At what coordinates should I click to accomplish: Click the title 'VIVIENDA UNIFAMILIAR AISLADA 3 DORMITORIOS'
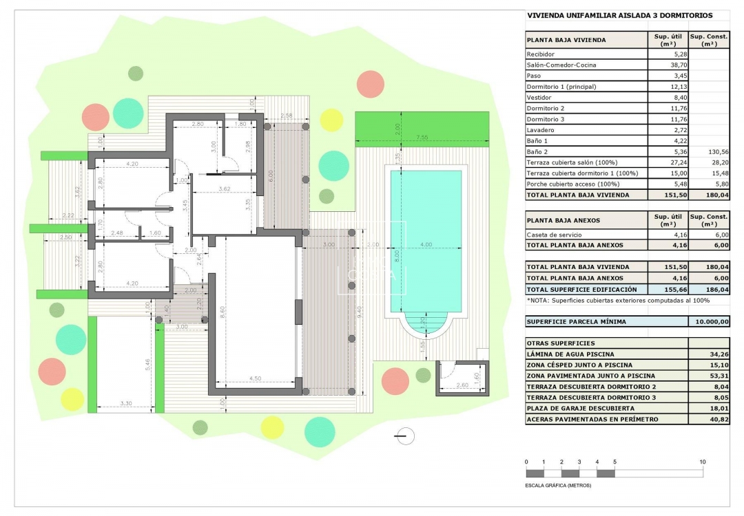point(620,15)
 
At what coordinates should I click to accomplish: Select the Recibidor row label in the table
point(541,54)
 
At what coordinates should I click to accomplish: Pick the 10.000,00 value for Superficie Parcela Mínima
point(712,321)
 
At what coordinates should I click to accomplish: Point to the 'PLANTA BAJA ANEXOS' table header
point(564,220)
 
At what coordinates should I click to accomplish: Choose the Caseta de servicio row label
point(554,235)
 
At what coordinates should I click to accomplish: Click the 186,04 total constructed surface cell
point(717,289)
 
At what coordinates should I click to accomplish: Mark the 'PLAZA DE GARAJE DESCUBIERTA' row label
point(580,408)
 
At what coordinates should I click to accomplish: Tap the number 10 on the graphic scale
point(702,462)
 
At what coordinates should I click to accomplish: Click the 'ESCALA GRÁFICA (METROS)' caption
point(558,485)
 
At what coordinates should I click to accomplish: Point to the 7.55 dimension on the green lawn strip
point(422,138)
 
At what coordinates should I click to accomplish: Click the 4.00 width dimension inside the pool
point(426,244)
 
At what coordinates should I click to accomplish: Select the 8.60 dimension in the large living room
point(223,312)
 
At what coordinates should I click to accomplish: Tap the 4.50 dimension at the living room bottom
point(256,378)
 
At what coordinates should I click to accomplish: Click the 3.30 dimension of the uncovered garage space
point(126,403)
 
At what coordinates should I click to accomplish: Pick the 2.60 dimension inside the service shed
point(462,385)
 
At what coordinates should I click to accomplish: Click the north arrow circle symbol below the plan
point(405,436)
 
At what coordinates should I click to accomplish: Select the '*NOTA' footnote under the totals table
point(618,301)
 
